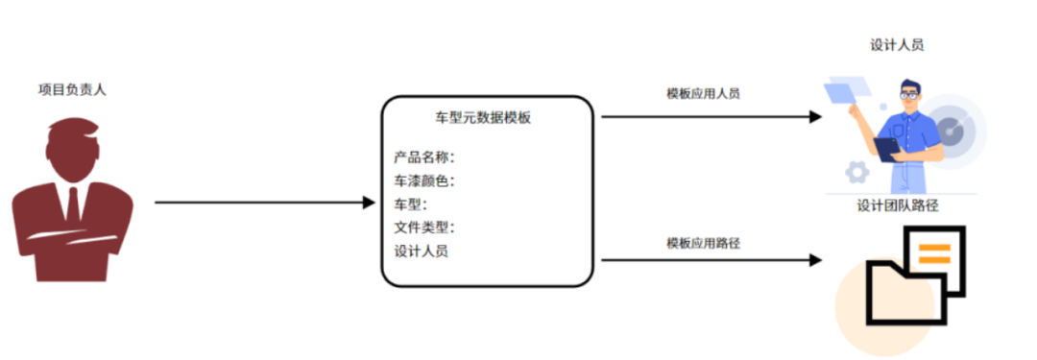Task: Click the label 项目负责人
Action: (x=71, y=89)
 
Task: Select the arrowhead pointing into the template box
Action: (x=368, y=203)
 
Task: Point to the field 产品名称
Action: (x=423, y=156)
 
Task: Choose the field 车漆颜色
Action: (x=423, y=180)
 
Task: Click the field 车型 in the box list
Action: (x=410, y=204)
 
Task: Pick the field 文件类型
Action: (x=423, y=228)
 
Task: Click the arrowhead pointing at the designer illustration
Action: (x=815, y=117)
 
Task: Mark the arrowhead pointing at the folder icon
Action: (x=815, y=260)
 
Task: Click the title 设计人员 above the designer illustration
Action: (x=897, y=45)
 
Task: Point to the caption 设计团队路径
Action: (x=897, y=204)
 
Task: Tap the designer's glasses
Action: (x=908, y=95)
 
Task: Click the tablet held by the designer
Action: (x=886, y=148)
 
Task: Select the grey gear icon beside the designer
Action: (x=856, y=173)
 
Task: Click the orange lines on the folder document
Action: (x=933, y=253)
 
